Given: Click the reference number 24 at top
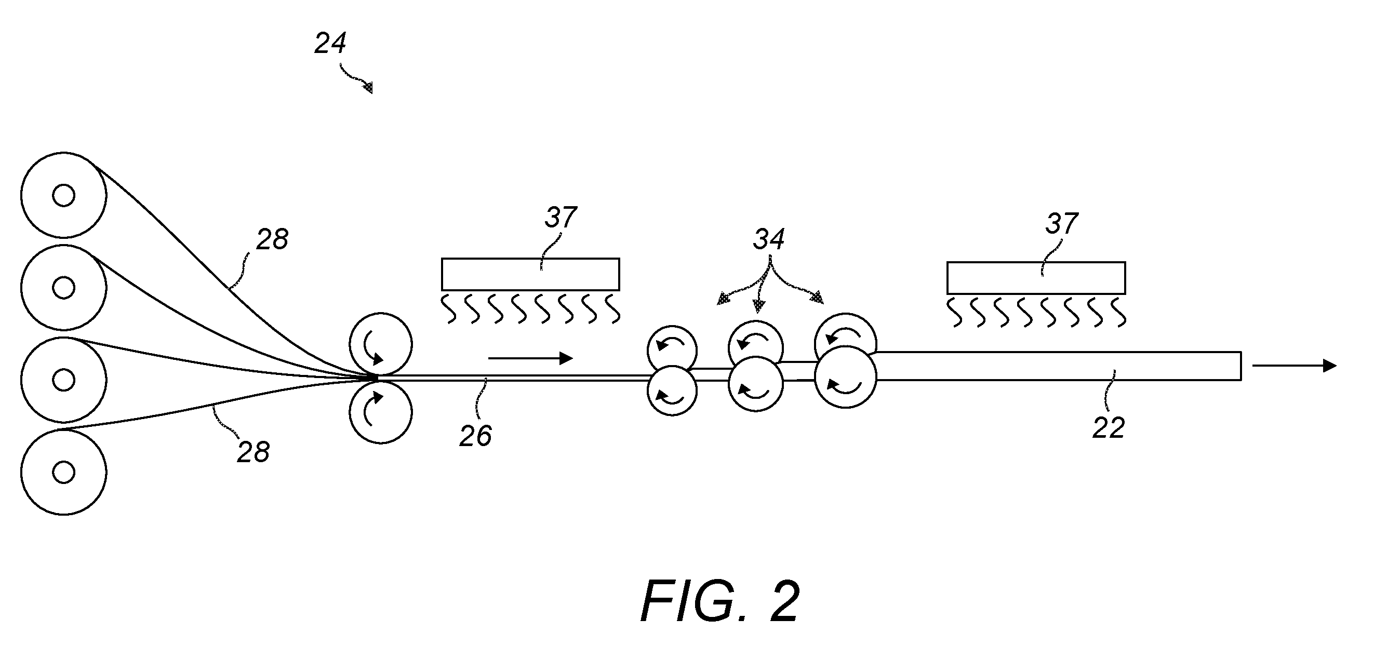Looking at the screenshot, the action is click(x=330, y=43).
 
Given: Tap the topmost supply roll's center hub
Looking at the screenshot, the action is click(x=63, y=196).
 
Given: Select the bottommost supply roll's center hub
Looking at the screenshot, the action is click(x=63, y=472).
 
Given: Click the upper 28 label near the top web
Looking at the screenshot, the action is click(x=273, y=240).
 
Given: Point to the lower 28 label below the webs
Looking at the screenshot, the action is click(x=254, y=452).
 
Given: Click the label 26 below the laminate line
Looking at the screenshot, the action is click(x=476, y=436).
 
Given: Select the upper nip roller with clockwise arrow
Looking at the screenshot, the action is click(x=381, y=344).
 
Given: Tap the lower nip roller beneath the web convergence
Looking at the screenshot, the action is click(x=381, y=411).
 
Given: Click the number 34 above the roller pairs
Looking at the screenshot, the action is click(x=769, y=240).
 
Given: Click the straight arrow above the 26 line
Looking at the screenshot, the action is click(x=531, y=359).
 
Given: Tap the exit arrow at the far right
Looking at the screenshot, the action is click(x=1295, y=366).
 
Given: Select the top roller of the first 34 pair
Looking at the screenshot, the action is click(x=672, y=350).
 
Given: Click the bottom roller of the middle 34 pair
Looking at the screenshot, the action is click(x=756, y=384).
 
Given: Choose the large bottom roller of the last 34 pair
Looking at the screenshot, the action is click(x=845, y=377).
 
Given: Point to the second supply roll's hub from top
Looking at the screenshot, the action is click(x=63, y=288).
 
